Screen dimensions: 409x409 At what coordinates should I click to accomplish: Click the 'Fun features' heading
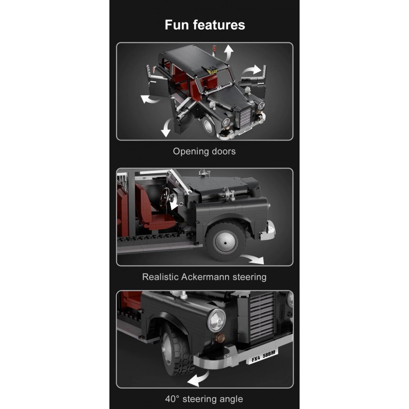tap(205, 25)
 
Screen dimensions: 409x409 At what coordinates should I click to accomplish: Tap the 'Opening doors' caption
tap(204, 151)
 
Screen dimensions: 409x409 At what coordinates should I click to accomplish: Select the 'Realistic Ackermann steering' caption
tap(204, 277)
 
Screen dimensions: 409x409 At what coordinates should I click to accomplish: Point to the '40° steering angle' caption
tap(204, 399)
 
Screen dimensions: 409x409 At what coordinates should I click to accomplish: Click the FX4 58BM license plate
tap(262, 356)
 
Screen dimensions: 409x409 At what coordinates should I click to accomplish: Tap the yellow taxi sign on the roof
tap(212, 71)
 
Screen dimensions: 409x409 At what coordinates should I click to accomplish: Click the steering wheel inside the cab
tap(165, 197)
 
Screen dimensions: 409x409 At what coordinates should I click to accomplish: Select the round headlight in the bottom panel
tap(216, 321)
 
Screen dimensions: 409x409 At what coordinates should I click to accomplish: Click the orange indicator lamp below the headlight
tap(219, 338)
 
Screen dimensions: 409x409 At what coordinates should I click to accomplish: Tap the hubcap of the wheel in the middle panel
tap(225, 242)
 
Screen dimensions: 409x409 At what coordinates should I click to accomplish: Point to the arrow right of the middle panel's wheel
tap(252, 259)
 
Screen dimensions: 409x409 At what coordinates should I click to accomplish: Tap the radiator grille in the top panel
tap(245, 117)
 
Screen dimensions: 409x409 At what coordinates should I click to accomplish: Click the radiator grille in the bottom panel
tap(262, 316)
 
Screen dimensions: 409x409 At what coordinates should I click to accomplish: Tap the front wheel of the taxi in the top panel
tap(209, 127)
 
